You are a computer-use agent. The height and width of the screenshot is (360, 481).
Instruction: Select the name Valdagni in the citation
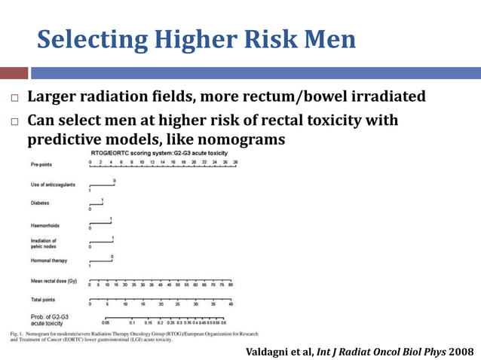click(270, 352)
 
